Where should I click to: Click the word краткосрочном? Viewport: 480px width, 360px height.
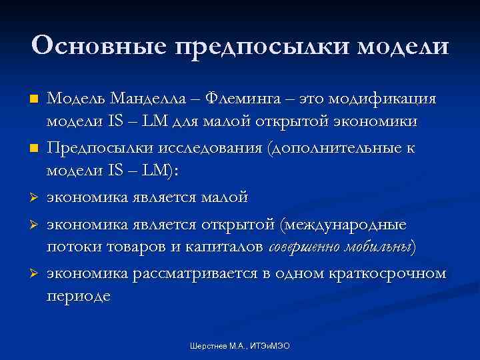pos(387,274)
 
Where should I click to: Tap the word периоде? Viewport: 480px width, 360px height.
pos(78,295)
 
